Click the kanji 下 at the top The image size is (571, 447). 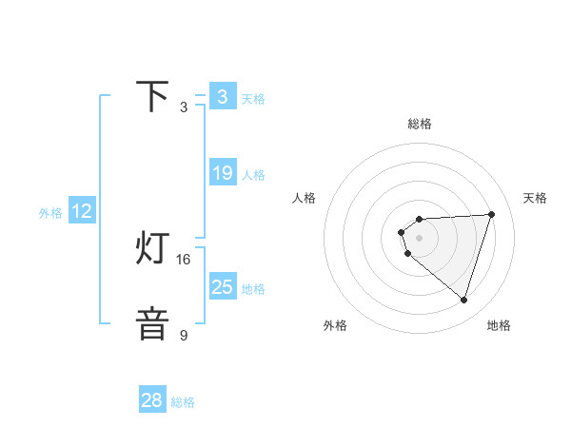tap(153, 97)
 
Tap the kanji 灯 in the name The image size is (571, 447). tap(153, 249)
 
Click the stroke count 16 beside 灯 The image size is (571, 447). tap(184, 259)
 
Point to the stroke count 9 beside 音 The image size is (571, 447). tap(184, 335)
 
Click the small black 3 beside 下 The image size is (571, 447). tap(184, 107)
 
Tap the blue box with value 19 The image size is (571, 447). tap(223, 173)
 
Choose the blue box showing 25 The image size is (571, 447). tap(223, 286)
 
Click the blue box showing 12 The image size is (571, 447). tap(82, 212)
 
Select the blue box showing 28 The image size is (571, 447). tap(152, 400)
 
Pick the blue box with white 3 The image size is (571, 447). tap(223, 97)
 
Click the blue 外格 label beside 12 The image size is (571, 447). tap(50, 213)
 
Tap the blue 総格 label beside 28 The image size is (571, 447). tap(183, 402)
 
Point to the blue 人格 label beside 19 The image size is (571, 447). tap(253, 175)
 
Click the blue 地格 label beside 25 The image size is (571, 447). tap(253, 288)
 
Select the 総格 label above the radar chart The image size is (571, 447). tap(419, 124)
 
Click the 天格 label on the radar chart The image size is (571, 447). tap(535, 198)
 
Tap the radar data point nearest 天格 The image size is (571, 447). tap(492, 214)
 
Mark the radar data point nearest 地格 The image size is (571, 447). tap(464, 301)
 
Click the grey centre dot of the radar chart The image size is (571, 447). tap(419, 237)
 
